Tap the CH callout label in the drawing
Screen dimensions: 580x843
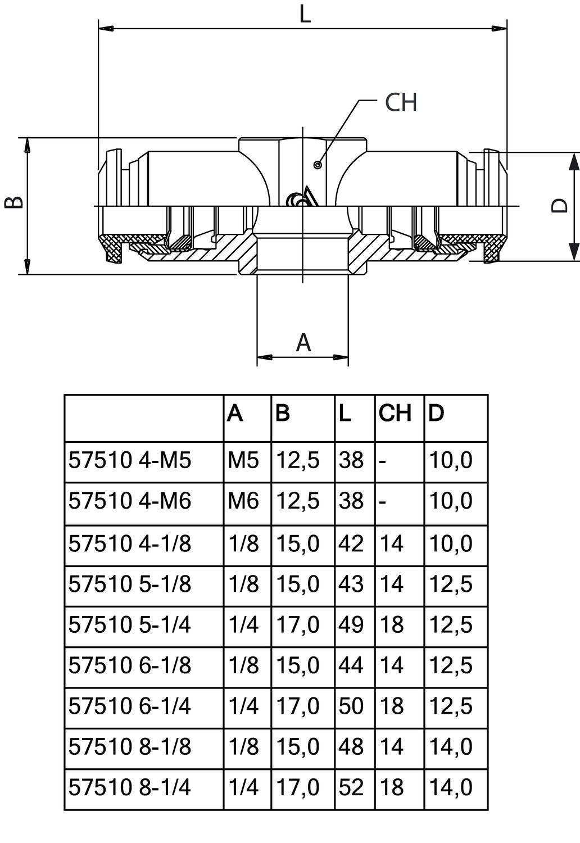(401, 102)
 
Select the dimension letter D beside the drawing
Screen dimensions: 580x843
(560, 206)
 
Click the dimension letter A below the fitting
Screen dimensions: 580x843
(303, 342)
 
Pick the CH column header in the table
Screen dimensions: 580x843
(395, 413)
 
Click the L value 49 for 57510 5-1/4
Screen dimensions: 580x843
(351, 624)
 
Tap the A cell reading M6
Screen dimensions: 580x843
(243, 501)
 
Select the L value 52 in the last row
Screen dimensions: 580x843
(351, 787)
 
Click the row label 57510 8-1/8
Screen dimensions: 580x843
(130, 746)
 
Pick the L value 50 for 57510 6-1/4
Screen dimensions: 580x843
(351, 706)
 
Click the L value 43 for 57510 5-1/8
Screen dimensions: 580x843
(351, 584)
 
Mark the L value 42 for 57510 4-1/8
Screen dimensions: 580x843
(351, 543)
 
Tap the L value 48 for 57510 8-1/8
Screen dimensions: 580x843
(351, 746)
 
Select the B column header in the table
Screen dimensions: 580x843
(283, 413)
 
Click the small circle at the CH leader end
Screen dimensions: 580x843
(318, 165)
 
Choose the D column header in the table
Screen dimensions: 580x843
(436, 413)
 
